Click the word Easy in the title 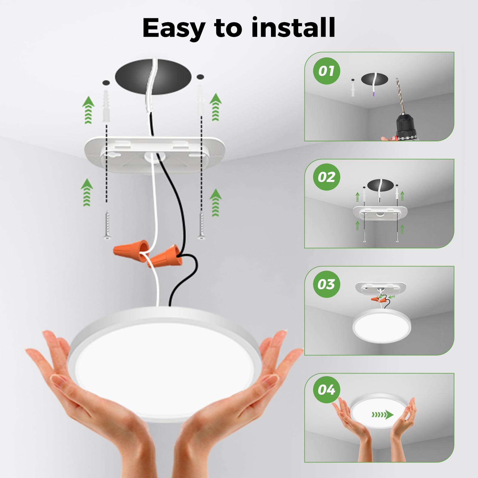pos(173,28)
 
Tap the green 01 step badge pos(327,71)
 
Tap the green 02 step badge pos(327,177)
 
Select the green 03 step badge pos(327,284)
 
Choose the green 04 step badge pos(327,390)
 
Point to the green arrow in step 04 pos(382,415)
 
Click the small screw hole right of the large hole pos(200,77)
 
